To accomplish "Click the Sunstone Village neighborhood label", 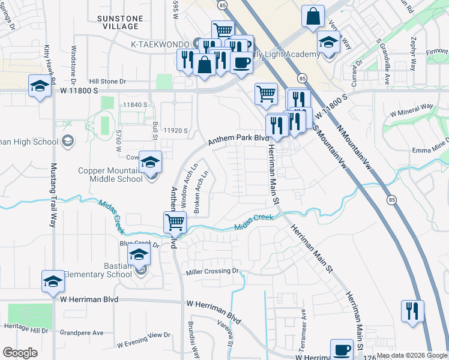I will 120,23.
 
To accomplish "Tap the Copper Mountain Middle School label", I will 110,175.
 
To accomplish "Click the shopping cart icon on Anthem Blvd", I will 175,222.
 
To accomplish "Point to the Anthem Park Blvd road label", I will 238,139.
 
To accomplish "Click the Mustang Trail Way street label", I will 52,195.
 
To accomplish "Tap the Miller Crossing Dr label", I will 212,272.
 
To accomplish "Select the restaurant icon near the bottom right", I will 412,310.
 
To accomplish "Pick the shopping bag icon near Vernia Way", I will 313,17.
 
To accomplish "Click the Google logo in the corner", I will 20,353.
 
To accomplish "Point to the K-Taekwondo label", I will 161,44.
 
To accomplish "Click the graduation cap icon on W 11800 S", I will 40,85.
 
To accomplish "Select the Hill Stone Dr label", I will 107,81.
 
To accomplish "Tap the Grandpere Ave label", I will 82,332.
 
